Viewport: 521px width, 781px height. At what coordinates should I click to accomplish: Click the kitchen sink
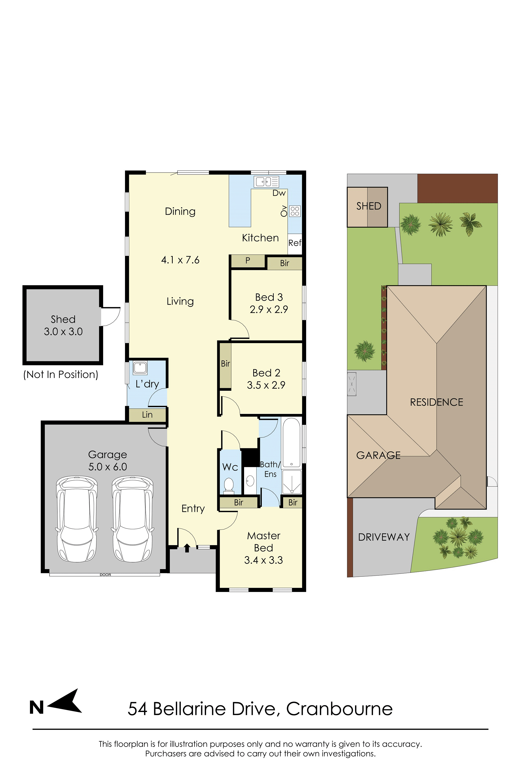coord(266,182)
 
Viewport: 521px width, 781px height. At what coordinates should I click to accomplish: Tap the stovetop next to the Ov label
coord(295,211)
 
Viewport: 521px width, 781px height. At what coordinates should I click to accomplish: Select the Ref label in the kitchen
coord(295,243)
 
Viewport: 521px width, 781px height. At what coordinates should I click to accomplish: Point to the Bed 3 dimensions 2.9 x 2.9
coord(269,310)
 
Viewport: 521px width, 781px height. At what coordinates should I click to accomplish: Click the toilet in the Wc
coord(229,486)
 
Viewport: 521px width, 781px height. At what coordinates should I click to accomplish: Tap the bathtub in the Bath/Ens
coord(291,442)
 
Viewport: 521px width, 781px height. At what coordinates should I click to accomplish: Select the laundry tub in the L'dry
coord(140,368)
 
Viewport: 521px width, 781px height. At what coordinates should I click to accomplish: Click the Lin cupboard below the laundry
coord(147,415)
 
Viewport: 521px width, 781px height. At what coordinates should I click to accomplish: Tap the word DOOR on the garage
coord(105,575)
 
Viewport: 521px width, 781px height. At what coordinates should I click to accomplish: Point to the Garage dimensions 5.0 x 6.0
coord(108,467)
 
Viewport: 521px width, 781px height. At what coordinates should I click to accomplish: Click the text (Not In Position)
coord(61,375)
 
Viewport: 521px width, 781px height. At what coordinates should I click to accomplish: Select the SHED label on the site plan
coord(369,206)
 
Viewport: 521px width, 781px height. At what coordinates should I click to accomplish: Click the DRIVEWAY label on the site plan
coord(384,537)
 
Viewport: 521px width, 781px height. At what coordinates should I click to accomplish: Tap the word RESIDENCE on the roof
coord(437,402)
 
